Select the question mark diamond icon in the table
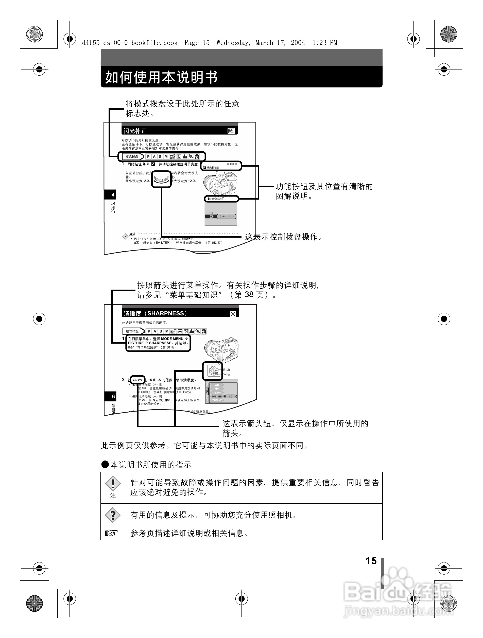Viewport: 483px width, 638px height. pyautogui.click(x=113, y=515)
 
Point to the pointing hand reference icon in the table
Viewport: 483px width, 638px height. pyautogui.click(x=111, y=533)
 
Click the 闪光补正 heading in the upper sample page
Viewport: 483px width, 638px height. pyautogui.click(x=135, y=131)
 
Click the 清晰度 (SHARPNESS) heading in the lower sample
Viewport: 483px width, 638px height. pyautogui.click(x=155, y=313)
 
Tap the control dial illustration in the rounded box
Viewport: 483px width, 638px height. pyautogui.click(x=161, y=179)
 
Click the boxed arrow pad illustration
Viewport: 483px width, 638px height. pyautogui.click(x=213, y=371)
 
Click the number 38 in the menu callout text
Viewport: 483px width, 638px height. pyautogui.click(x=249, y=294)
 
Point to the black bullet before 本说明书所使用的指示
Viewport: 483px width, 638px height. pyautogui.click(x=105, y=464)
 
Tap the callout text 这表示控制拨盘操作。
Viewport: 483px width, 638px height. pyautogui.click(x=283, y=237)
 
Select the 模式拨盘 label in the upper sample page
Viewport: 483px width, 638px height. pyautogui.click(x=132, y=157)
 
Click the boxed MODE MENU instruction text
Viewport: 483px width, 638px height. pyautogui.click(x=158, y=343)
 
